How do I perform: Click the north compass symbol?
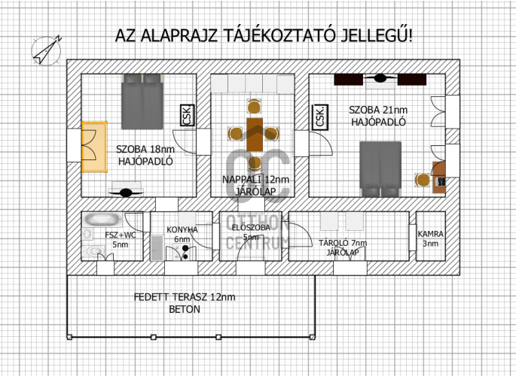(47, 50)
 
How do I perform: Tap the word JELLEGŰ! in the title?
(376, 35)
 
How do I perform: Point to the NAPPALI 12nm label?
(255, 180)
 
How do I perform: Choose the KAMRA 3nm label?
(430, 238)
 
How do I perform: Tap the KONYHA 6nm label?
(182, 235)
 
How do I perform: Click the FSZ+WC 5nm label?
(120, 240)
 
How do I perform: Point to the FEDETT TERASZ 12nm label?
(185, 297)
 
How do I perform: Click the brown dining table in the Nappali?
(255, 135)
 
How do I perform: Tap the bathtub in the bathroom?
(102, 220)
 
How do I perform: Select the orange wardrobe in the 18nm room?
(94, 147)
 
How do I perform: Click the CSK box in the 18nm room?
(188, 115)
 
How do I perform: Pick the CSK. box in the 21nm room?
(321, 117)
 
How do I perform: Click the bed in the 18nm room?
(142, 102)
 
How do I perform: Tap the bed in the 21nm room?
(380, 169)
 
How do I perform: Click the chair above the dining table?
(254, 107)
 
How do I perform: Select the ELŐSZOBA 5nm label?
(251, 232)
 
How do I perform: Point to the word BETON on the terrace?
(185, 309)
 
